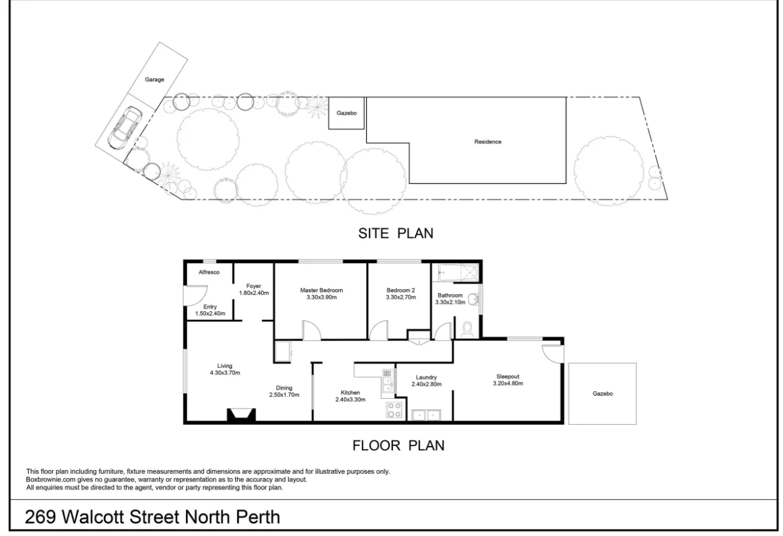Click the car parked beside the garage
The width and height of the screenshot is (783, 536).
124,128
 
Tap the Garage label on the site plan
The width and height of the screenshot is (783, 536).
155,80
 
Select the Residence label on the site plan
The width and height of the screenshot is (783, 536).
488,142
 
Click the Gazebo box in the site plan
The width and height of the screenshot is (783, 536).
346,114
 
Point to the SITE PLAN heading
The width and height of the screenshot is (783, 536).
395,234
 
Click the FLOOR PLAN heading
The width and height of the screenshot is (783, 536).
398,445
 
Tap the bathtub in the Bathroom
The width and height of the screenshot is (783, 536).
458,271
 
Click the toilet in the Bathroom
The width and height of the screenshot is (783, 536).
466,329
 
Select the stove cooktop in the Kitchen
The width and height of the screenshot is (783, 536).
394,409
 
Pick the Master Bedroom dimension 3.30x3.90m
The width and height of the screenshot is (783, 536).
322,298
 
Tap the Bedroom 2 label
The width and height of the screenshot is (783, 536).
401,290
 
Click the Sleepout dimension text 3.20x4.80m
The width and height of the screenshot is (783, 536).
507,384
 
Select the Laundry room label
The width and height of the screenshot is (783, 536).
426,377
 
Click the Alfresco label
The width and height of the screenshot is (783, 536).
210,273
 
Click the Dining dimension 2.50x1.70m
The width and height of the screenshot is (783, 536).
284,395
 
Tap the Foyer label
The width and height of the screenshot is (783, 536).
254,286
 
